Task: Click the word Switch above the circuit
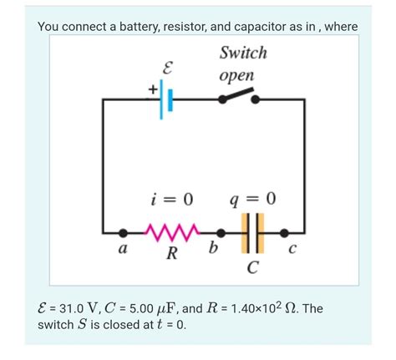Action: click(242, 53)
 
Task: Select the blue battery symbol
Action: click(166, 99)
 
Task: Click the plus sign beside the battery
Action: click(153, 87)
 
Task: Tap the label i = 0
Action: click(172, 199)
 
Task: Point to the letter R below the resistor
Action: click(171, 253)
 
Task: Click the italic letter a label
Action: click(123, 249)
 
